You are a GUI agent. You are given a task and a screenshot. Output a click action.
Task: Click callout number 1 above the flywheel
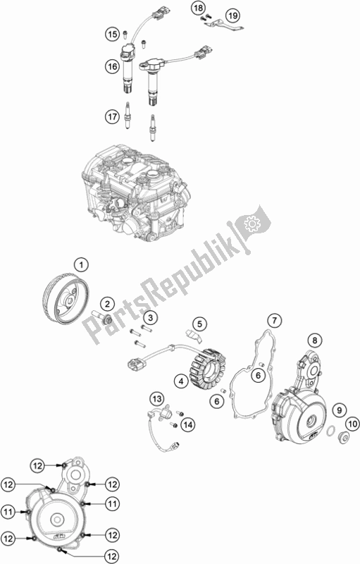point(81,266)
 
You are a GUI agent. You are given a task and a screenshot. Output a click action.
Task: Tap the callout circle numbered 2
point(107,305)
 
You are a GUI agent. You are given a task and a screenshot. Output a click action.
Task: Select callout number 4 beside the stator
point(182,381)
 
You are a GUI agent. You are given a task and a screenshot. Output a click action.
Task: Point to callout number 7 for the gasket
point(275,320)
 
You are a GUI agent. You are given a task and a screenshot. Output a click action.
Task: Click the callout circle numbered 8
point(315,340)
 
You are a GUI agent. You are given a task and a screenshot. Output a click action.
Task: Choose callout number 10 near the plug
point(352,424)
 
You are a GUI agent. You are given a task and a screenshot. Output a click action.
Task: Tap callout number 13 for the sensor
point(156,399)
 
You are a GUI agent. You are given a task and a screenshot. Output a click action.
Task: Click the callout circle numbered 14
point(188,425)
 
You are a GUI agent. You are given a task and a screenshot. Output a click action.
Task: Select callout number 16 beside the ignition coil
point(113,66)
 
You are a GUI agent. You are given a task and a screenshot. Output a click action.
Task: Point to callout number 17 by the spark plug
point(113,116)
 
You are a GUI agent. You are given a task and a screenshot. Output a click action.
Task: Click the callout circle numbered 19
point(232,16)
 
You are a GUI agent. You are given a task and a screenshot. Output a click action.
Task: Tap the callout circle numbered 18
point(199,8)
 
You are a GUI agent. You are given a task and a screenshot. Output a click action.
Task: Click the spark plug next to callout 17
point(127,115)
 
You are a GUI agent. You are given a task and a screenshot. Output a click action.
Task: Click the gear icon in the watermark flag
point(252,223)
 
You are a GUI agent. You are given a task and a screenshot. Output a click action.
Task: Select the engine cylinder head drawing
point(136,192)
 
